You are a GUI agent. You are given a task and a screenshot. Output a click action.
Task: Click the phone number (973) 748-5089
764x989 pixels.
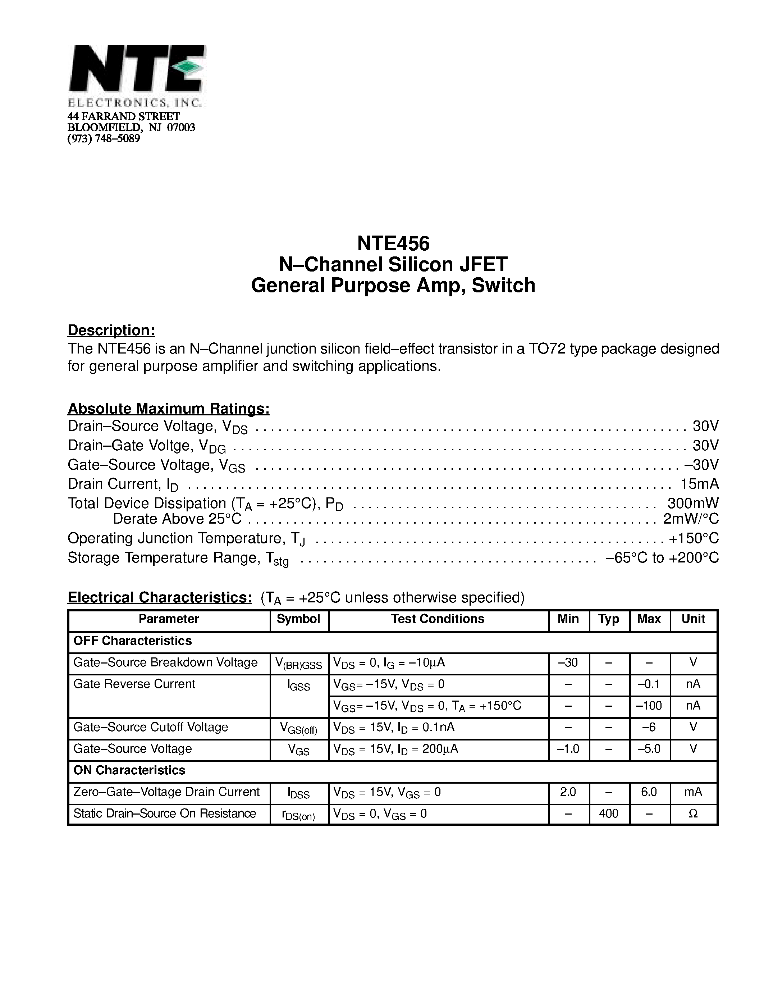click(x=104, y=138)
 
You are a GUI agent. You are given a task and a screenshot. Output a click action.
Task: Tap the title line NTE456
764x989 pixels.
click(x=393, y=243)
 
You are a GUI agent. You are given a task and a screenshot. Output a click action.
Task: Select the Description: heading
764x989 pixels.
click(x=111, y=330)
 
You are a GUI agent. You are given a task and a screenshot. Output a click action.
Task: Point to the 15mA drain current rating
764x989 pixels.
click(x=699, y=484)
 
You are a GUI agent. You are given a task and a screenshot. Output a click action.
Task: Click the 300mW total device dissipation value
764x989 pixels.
click(x=692, y=503)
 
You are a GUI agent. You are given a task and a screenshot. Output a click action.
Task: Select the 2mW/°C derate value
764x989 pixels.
click(x=691, y=519)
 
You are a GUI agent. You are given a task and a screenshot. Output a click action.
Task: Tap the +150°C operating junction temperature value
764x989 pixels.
click(x=694, y=538)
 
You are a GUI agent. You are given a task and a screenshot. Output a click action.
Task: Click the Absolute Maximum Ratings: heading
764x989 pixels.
click(x=168, y=409)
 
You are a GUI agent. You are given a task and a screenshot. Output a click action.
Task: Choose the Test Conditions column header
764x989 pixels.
click(x=438, y=619)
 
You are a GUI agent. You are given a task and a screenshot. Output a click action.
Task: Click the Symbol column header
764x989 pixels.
click(x=298, y=619)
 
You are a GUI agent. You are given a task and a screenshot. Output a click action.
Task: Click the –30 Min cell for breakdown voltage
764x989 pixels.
click(x=568, y=662)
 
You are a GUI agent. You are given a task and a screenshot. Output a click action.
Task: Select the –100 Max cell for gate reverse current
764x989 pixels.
click(x=649, y=706)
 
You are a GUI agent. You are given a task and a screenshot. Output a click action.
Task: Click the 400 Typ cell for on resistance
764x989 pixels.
click(x=608, y=814)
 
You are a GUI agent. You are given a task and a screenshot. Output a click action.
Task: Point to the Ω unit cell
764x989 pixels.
click(x=692, y=814)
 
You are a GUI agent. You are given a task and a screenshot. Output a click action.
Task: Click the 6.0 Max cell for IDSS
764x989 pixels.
click(x=649, y=792)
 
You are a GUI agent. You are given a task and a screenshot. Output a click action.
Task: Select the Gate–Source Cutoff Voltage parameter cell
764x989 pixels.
click(x=151, y=727)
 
